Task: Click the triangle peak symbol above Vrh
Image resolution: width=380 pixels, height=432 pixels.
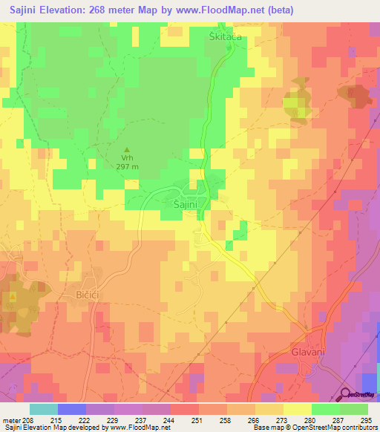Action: [125, 150]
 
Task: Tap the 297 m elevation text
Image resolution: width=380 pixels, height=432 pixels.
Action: [126, 167]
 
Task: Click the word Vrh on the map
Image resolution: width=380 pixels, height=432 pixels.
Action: [125, 159]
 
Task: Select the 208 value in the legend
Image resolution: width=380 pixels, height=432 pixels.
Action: [30, 419]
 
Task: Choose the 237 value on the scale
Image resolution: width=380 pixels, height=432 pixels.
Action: [142, 419]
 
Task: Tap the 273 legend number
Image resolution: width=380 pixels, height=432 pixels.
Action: [283, 419]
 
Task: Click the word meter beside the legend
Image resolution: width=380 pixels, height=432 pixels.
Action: [12, 419]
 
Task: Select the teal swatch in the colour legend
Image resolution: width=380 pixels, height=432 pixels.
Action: [43, 409]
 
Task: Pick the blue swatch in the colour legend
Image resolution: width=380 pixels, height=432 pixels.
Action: [71, 409]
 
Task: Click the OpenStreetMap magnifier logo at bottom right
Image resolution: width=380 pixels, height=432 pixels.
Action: [346, 395]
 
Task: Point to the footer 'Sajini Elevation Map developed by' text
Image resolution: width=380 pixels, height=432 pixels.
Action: [55, 428]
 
